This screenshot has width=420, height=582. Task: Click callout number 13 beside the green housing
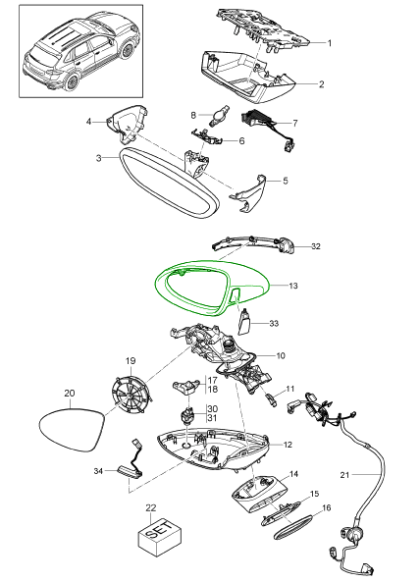point(293,286)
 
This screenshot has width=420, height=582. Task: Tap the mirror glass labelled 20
point(72,430)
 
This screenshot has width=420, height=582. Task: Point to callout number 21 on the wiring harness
point(344,474)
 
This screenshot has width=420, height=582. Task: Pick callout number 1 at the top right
point(329,43)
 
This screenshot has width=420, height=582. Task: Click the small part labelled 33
point(244,322)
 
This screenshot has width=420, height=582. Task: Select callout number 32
point(316,246)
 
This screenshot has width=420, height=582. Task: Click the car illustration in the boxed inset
point(80,52)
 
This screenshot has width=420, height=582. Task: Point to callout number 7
point(295,123)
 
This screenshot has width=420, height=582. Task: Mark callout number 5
point(285,181)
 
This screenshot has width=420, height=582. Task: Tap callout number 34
point(98,471)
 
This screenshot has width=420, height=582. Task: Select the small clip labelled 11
point(271,400)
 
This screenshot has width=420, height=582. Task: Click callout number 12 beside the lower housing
point(288,445)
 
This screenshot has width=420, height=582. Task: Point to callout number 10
point(281,355)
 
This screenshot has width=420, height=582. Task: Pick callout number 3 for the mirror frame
point(98,158)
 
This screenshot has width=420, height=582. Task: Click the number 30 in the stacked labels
point(213,409)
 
